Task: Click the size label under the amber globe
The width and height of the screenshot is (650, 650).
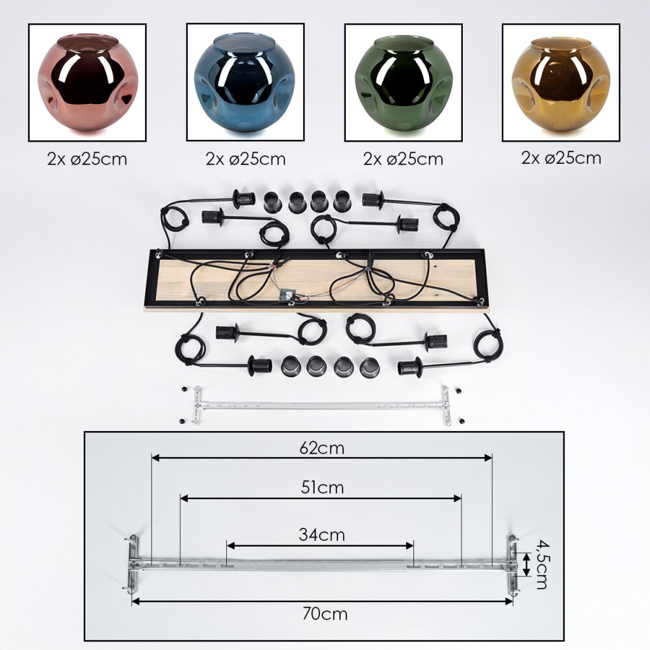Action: click(x=561, y=158)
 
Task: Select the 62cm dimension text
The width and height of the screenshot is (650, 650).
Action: click(x=322, y=448)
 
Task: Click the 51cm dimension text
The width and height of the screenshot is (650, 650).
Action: click(x=322, y=487)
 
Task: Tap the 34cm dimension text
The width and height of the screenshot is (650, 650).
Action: click(x=322, y=535)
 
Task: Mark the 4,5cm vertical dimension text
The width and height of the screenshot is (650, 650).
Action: click(x=539, y=562)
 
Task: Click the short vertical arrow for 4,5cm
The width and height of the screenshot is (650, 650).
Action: click(x=526, y=563)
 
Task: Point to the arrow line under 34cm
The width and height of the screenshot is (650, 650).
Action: click(x=320, y=545)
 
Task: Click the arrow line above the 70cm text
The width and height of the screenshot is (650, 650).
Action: click(x=322, y=602)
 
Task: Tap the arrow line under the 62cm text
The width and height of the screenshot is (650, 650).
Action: click(x=322, y=458)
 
